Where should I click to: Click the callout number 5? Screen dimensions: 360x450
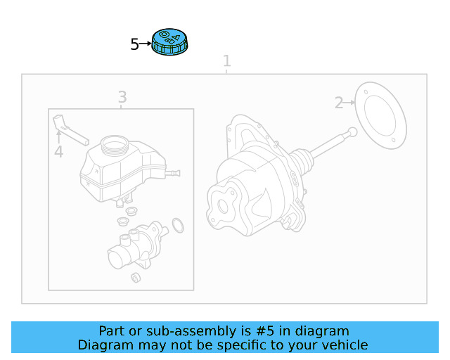(x=135, y=45)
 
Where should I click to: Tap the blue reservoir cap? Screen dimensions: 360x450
(x=169, y=42)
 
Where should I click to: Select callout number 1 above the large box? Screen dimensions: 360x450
(x=226, y=61)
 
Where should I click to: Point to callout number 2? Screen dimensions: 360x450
(x=339, y=103)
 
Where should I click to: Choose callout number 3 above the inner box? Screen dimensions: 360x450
(x=122, y=97)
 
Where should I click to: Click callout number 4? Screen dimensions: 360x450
(x=58, y=152)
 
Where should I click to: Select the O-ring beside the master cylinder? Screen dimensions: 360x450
(x=178, y=225)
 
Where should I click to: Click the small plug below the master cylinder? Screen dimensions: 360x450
(x=136, y=277)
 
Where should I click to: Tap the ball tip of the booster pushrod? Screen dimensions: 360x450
(x=352, y=131)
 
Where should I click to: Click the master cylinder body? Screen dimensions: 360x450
(x=137, y=246)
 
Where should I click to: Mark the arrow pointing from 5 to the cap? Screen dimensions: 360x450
(x=146, y=44)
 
